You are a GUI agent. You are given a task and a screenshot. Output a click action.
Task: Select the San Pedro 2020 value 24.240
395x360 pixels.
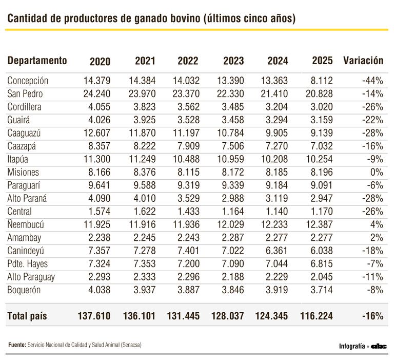(96, 94)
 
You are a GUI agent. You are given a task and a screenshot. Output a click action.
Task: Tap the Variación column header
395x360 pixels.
(363, 61)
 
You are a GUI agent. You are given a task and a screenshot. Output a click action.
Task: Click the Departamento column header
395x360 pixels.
(37, 61)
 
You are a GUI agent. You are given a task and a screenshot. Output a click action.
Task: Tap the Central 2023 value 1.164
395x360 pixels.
(231, 212)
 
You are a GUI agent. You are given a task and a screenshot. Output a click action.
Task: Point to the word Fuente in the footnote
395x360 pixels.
(16, 345)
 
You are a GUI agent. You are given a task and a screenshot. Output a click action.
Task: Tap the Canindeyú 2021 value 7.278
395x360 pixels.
(143, 251)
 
